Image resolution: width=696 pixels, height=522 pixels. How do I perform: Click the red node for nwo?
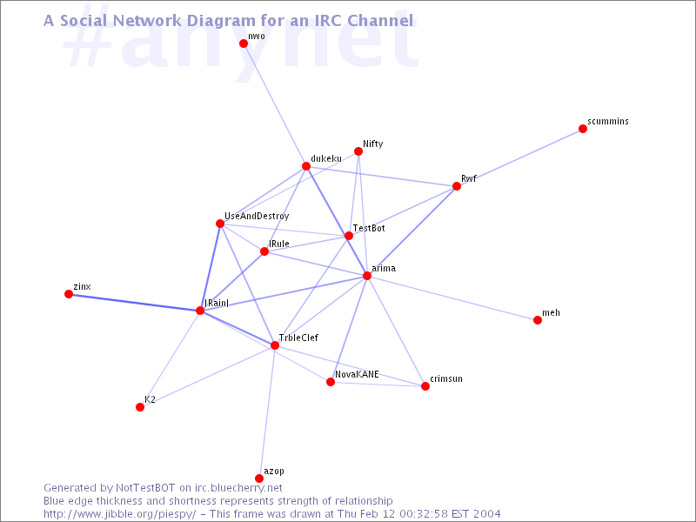click(x=244, y=43)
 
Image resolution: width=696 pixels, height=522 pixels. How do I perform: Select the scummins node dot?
click(x=583, y=129)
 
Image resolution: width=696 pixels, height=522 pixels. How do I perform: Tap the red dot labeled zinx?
click(x=69, y=294)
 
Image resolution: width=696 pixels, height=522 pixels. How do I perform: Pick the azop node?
click(x=259, y=478)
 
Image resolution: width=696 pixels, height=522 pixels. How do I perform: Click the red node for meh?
click(x=538, y=320)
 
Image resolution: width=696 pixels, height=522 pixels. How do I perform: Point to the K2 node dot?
click(x=140, y=407)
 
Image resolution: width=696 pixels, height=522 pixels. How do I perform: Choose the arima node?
click(x=367, y=276)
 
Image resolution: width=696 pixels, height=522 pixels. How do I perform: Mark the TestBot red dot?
click(x=349, y=235)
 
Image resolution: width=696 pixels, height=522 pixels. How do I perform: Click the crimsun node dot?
click(x=425, y=386)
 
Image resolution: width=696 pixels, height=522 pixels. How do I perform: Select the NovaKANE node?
click(x=331, y=382)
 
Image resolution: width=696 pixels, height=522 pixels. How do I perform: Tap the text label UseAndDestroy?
click(x=257, y=216)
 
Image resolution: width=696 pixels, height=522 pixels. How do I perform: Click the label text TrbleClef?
click(x=298, y=338)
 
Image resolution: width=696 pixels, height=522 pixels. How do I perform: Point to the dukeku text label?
click(x=326, y=158)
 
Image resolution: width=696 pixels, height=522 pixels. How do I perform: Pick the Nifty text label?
click(x=373, y=144)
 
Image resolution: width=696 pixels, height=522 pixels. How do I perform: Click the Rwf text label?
click(x=469, y=178)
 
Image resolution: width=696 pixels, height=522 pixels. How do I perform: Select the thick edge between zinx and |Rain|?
click(x=134, y=302)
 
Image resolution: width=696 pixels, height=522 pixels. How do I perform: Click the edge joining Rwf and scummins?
click(x=519, y=157)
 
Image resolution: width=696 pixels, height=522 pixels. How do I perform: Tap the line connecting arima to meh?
click(x=452, y=298)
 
